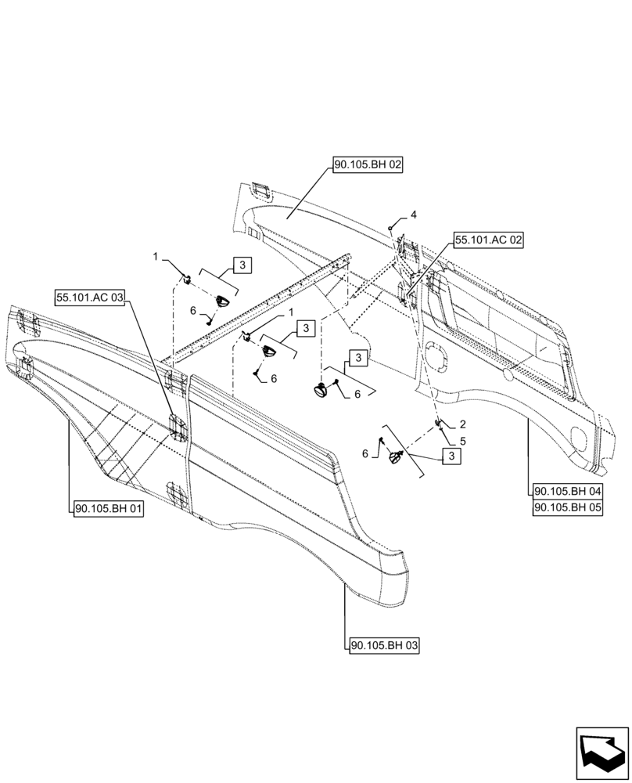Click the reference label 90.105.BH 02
tap(368, 165)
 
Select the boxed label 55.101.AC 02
tap(487, 241)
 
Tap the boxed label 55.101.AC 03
tap(90, 297)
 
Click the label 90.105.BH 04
tap(568, 491)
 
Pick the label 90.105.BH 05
tap(568, 507)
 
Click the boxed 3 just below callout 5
tap(451, 456)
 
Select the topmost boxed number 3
tap(242, 265)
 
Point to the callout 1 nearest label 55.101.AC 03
tap(156, 256)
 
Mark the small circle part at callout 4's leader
tap(390, 226)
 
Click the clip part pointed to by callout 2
tap(439, 424)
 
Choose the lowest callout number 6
tap(364, 453)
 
